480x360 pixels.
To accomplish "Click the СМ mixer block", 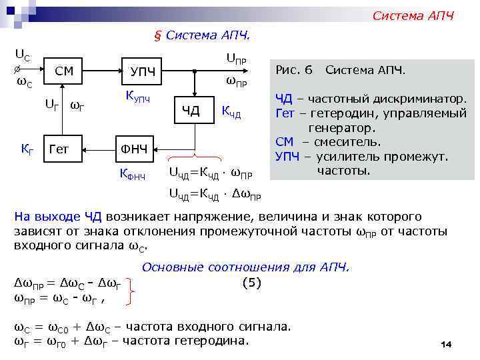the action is tap(64, 71).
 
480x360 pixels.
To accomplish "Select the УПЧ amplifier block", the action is tap(144, 71).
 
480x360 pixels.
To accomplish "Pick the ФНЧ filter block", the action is tap(133, 147).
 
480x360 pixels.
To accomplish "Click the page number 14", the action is tap(446, 344).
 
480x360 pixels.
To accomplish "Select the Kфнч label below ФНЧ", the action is tap(133, 175).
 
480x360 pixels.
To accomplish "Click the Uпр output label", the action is tap(237, 60).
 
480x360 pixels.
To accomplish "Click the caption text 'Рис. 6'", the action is tap(293, 69).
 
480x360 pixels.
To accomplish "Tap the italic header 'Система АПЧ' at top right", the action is tap(413, 15).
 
